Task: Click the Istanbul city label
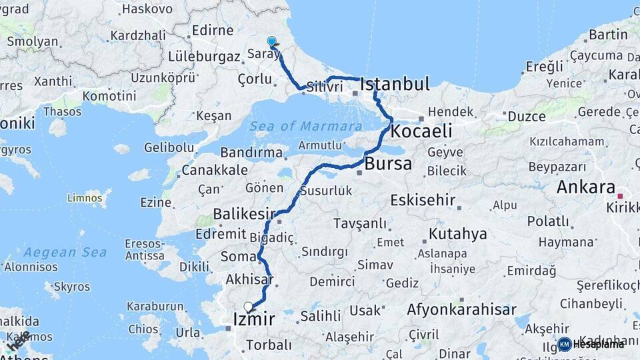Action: click(395, 85)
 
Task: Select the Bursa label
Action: click(389, 164)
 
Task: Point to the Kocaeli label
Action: click(421, 130)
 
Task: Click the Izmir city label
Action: click(254, 320)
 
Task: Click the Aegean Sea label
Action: click(55, 253)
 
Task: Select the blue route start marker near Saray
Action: click(272, 41)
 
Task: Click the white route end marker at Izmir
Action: click(249, 307)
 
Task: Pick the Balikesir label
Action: click(245, 214)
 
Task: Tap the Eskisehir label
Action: click(423, 200)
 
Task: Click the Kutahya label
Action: click(457, 234)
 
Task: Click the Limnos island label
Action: click(89, 198)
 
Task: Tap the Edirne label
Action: click(212, 31)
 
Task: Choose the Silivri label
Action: click(325, 87)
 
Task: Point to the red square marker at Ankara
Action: click(620, 196)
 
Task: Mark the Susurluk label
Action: click(326, 191)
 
